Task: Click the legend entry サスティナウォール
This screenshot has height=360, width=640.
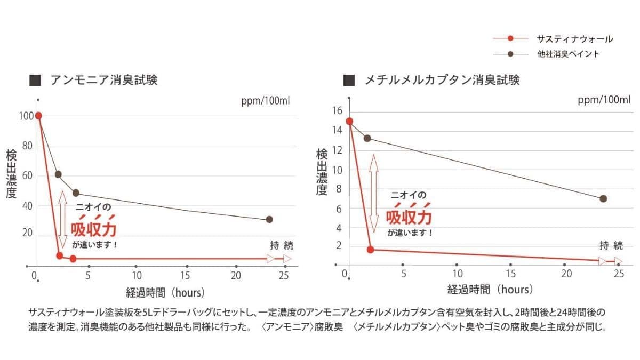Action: pyautogui.click(x=574, y=39)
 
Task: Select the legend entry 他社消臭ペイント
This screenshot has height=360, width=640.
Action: pyautogui.click(x=568, y=54)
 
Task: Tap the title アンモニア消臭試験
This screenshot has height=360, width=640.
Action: pyautogui.click(x=103, y=81)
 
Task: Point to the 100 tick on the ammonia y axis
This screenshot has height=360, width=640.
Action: pyautogui.click(x=25, y=116)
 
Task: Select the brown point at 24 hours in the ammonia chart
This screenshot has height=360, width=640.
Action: pyautogui.click(x=269, y=219)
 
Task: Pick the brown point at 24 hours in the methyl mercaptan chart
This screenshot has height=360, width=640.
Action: pyautogui.click(x=603, y=198)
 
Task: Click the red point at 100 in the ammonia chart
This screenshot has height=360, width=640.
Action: pyautogui.click(x=38, y=116)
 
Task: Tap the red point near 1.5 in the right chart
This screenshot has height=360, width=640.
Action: pyautogui.click(x=370, y=250)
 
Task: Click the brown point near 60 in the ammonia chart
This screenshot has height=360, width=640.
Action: pyautogui.click(x=58, y=174)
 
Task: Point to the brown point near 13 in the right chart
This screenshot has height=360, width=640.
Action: pyautogui.click(x=367, y=138)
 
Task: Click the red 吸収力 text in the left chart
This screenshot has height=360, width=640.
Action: pyautogui.click(x=94, y=228)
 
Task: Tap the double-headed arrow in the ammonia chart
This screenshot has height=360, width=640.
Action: pyautogui.click(x=62, y=219)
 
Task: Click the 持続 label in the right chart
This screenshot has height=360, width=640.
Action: pyautogui.click(x=611, y=246)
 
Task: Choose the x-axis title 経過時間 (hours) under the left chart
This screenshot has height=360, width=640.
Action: pyautogui.click(x=165, y=292)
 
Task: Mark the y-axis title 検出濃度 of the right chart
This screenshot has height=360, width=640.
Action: pyautogui.click(x=322, y=172)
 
